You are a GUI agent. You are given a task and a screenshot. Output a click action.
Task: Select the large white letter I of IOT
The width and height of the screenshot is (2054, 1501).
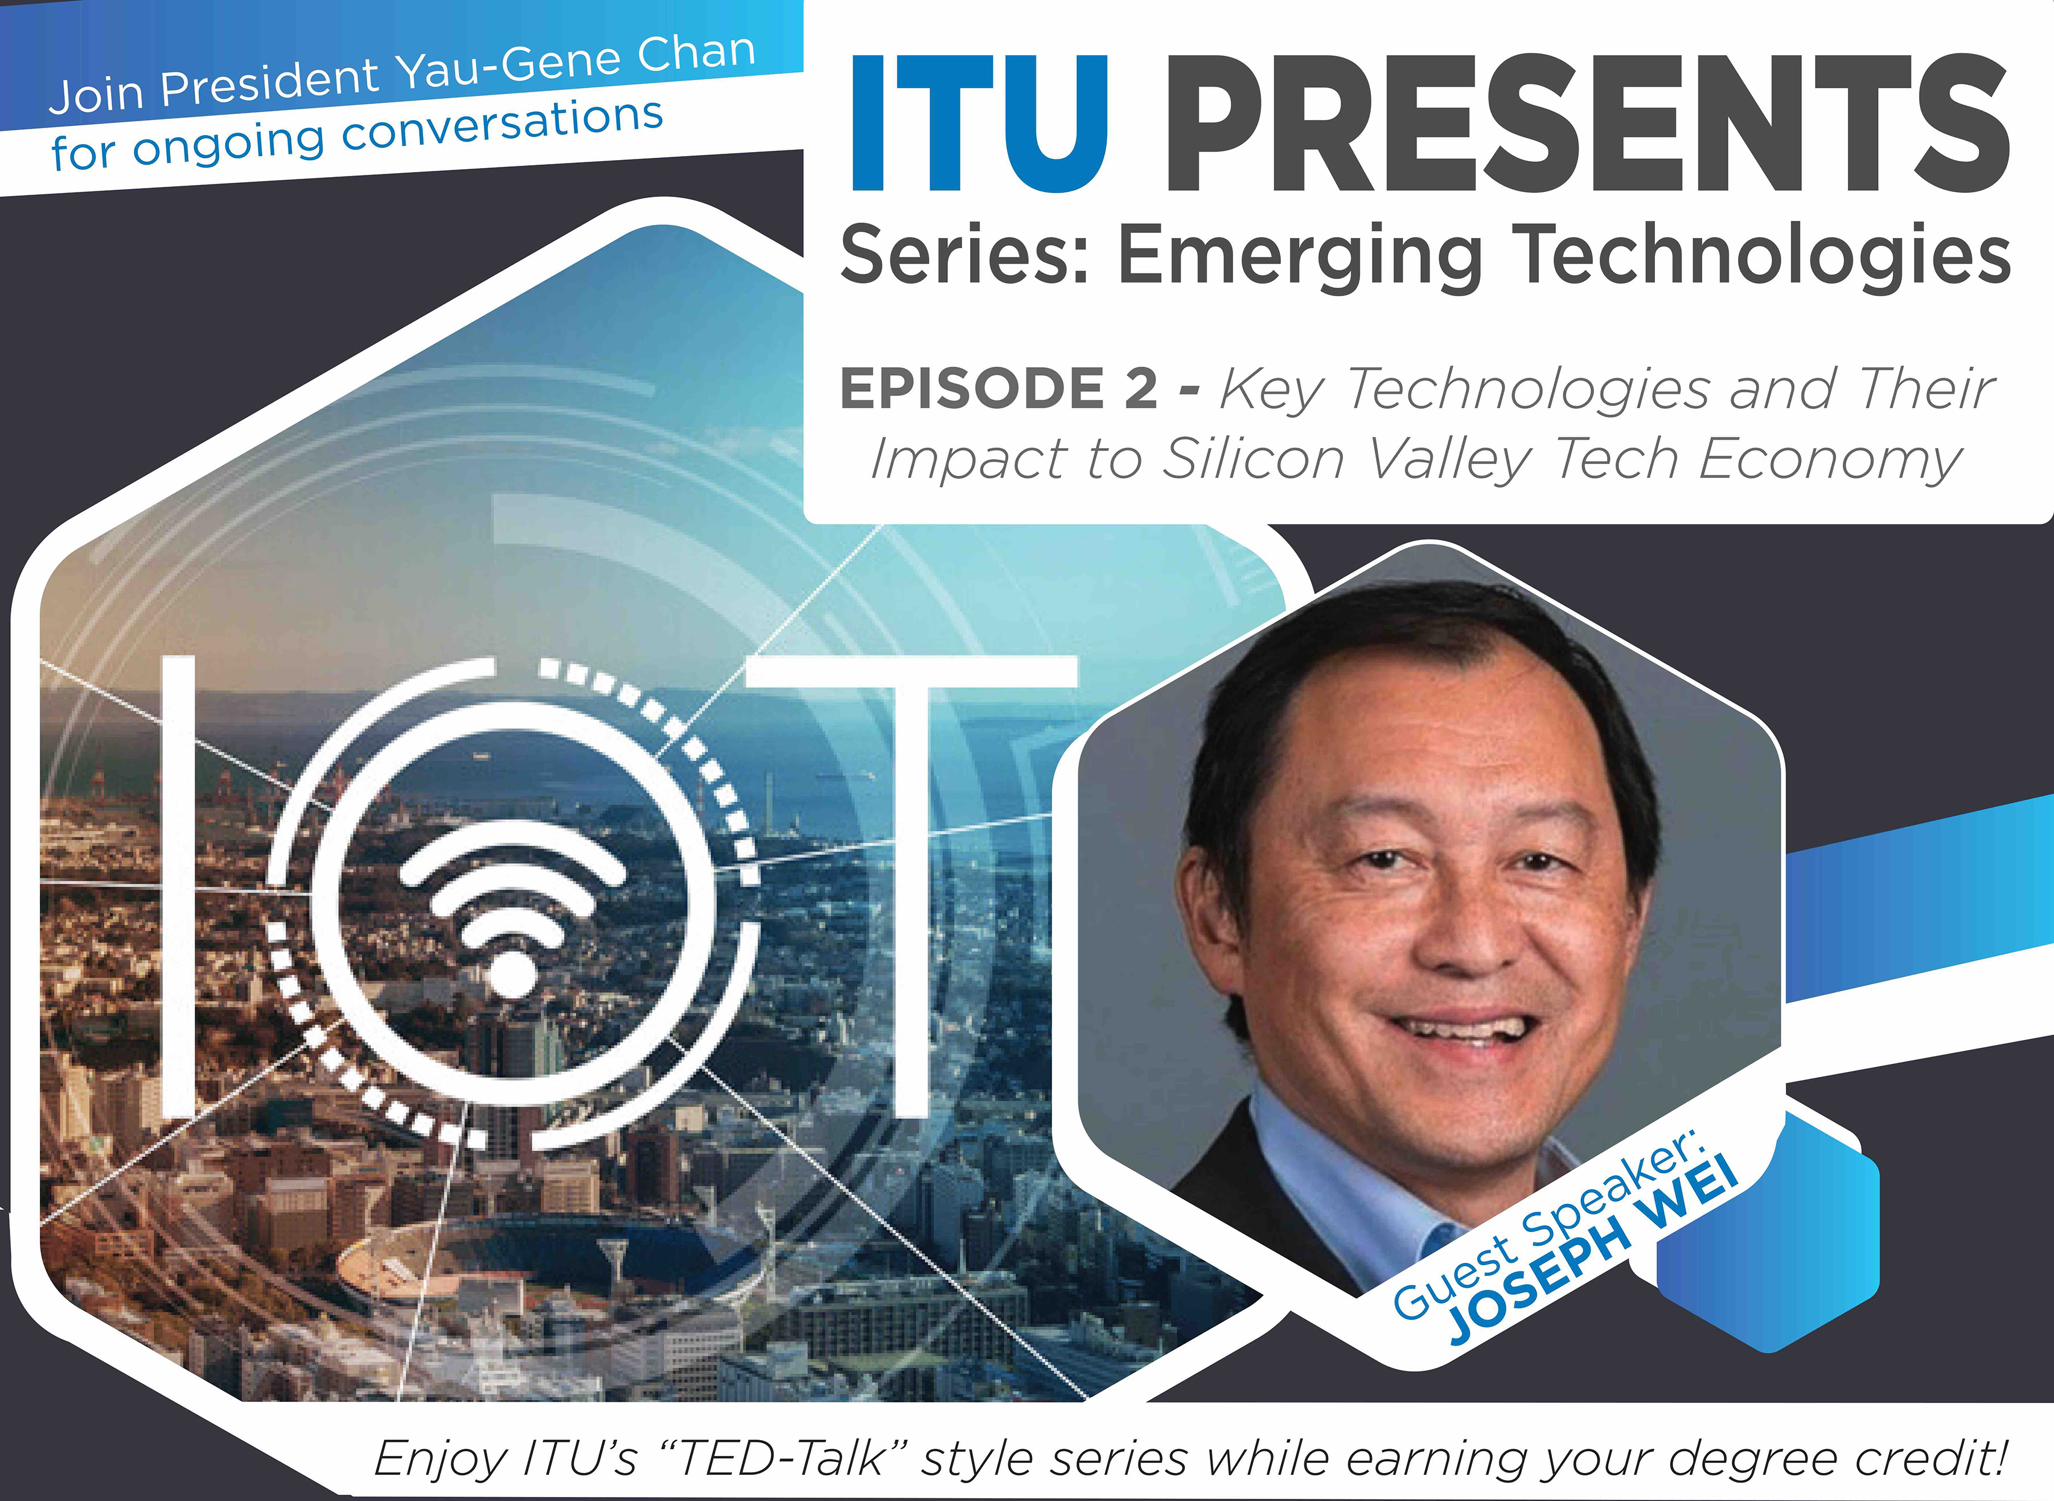[x=179, y=886]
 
